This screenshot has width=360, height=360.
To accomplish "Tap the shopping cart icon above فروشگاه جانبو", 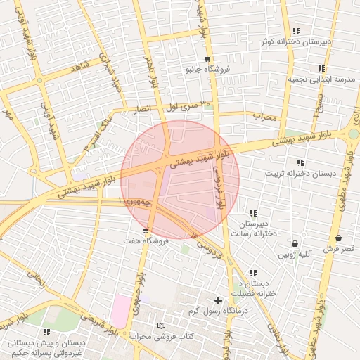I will click(x=207, y=59).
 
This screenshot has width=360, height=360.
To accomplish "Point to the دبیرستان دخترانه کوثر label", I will click(x=296, y=42).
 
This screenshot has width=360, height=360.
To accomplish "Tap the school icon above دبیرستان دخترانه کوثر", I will click(x=296, y=31).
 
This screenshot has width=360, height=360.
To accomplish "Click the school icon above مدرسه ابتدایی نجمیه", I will click(x=321, y=68).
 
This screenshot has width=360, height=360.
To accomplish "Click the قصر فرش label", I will click(x=339, y=249).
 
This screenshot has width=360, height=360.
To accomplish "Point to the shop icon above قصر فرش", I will click(x=339, y=238).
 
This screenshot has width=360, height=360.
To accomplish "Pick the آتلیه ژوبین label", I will click(x=295, y=255).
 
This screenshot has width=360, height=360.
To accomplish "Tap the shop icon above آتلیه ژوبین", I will click(x=295, y=244).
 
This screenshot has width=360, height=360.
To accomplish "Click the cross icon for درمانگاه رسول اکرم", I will click(x=218, y=300).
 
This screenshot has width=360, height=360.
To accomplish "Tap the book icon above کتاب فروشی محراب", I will click(x=162, y=326).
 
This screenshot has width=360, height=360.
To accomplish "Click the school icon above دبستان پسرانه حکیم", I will click(x=46, y=332).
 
